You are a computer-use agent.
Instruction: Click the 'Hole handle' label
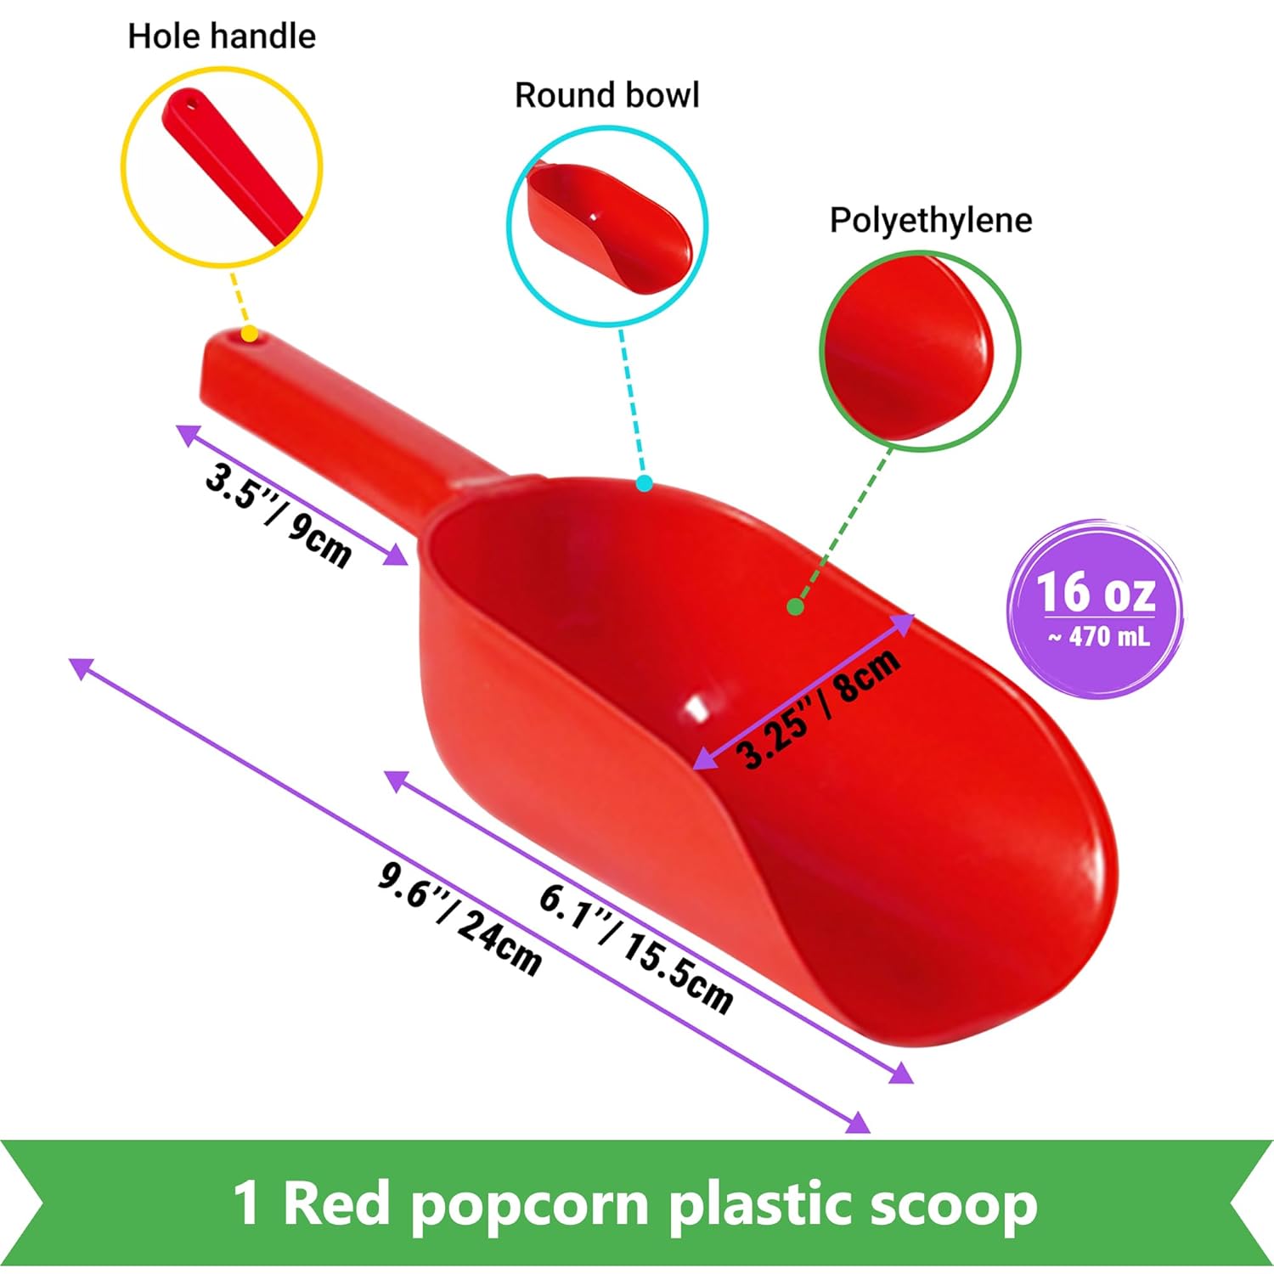tap(222, 37)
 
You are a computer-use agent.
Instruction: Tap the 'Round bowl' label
tap(607, 95)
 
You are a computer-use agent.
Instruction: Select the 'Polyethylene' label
tap(931, 220)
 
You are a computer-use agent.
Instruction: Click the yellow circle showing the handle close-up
tap(222, 167)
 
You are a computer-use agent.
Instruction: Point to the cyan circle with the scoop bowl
tap(608, 225)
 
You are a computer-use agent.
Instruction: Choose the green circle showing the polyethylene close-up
tap(920, 351)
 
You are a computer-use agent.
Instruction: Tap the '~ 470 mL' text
tap(1099, 637)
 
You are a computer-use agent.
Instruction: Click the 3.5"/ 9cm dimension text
tap(279, 516)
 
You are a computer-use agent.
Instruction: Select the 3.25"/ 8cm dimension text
tap(817, 708)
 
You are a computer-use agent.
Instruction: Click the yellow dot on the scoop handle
tap(250, 334)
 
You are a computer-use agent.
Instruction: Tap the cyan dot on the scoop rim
tap(644, 483)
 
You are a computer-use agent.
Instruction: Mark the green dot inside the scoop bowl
tap(795, 606)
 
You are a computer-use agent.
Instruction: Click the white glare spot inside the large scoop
tap(697, 707)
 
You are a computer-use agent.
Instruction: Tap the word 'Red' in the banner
tap(336, 1204)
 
